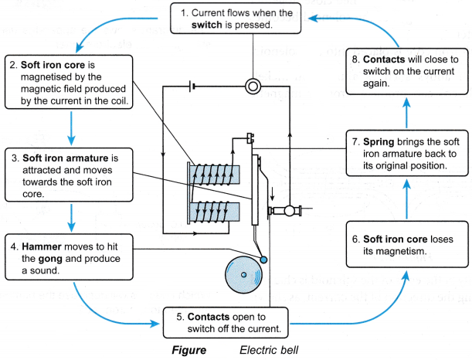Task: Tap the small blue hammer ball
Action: (264, 259)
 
